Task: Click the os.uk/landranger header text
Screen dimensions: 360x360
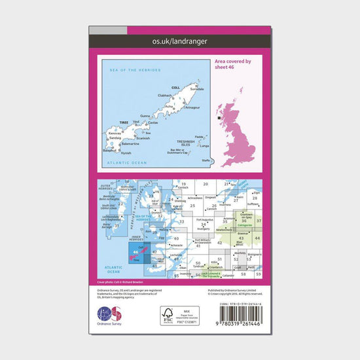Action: coord(180,42)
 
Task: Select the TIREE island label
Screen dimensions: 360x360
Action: coord(124,122)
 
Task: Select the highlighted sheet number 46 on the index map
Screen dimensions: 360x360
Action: coord(135,251)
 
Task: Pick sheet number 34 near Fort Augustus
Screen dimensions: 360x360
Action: coord(205,224)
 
